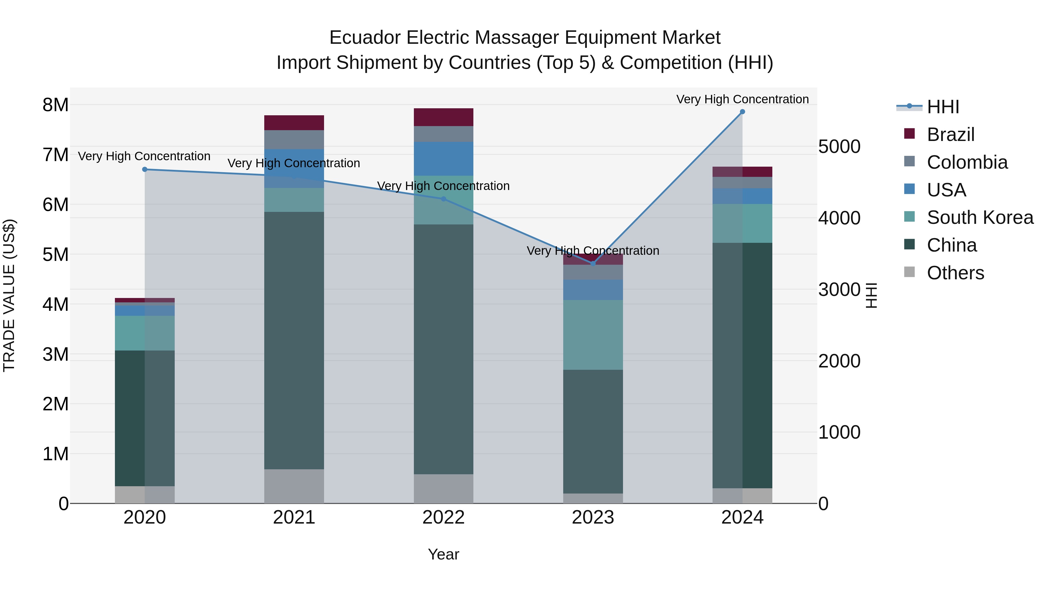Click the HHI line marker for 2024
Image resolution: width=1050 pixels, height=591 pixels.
click(x=742, y=112)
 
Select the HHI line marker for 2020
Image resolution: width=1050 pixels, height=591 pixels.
click(x=145, y=169)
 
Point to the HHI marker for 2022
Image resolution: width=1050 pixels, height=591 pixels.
click(x=443, y=199)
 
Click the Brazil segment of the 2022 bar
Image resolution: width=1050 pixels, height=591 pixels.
click(x=443, y=117)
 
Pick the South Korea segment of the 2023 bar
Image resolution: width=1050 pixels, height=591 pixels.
click(x=593, y=335)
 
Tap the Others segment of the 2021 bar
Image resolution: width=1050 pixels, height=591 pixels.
click(x=294, y=486)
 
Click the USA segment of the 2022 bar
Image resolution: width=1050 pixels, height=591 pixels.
click(x=443, y=159)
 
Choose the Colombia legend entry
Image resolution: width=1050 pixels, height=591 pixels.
click(x=967, y=162)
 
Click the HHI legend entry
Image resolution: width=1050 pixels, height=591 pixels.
click(x=943, y=107)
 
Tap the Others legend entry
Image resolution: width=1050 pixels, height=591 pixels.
click(x=955, y=273)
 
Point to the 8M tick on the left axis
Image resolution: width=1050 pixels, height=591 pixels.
click(x=55, y=105)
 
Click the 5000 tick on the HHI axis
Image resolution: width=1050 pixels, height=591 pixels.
click(x=839, y=147)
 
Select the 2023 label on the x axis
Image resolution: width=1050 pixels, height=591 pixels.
click(x=593, y=517)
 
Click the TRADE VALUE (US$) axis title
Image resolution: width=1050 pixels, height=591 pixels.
click(x=9, y=295)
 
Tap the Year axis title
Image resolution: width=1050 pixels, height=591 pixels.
click(x=443, y=554)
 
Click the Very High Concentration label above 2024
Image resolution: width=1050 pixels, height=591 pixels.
click(x=742, y=99)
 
